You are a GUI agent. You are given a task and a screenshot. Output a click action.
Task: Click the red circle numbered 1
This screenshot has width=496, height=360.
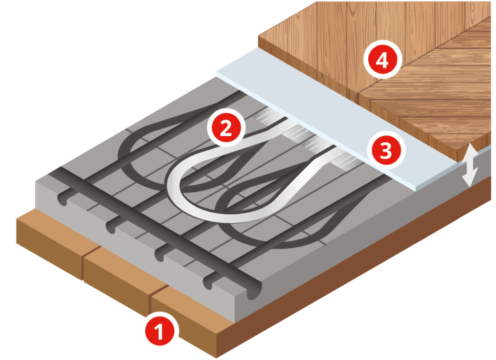160,331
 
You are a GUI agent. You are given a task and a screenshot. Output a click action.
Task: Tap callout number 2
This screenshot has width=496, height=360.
226,128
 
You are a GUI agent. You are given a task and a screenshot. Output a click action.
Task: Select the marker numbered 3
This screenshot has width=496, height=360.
386,151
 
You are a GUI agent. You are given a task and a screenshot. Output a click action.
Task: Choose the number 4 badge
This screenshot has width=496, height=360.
383,60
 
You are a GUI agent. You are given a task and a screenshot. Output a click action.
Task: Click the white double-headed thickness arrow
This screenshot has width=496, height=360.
470,165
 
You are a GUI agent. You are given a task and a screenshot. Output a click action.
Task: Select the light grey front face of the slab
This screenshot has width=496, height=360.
136,250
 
